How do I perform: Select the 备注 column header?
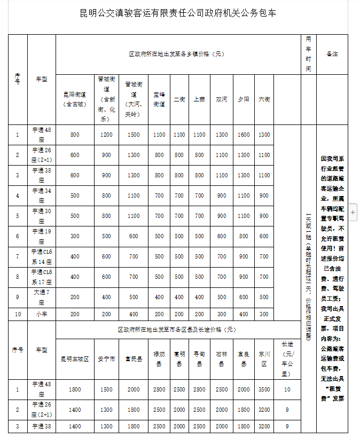click(332, 54)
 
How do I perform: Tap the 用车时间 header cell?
click(308, 54)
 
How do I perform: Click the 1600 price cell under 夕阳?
click(244, 135)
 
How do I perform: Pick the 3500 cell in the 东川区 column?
click(264, 389)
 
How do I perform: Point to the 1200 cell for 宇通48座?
click(107, 135)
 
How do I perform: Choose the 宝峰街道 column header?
click(159, 99)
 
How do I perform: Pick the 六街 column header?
click(264, 99)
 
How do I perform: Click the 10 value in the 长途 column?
click(287, 389)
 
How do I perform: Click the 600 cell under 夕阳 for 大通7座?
click(244, 297)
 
